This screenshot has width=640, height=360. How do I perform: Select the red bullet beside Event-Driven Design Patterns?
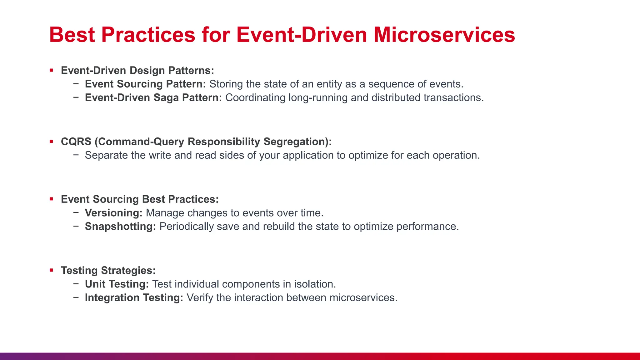point(51,70)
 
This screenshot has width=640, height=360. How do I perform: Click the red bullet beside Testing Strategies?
point(51,270)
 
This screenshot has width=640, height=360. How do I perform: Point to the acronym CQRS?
point(76,142)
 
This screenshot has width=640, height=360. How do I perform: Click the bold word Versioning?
point(113,213)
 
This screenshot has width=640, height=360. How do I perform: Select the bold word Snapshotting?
point(120,226)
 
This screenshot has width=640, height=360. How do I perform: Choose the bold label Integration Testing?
point(134,297)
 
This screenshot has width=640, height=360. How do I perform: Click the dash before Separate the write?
point(76,155)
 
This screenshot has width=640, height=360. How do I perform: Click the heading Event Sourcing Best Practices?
point(140,199)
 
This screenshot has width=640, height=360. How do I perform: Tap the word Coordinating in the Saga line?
point(255,98)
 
